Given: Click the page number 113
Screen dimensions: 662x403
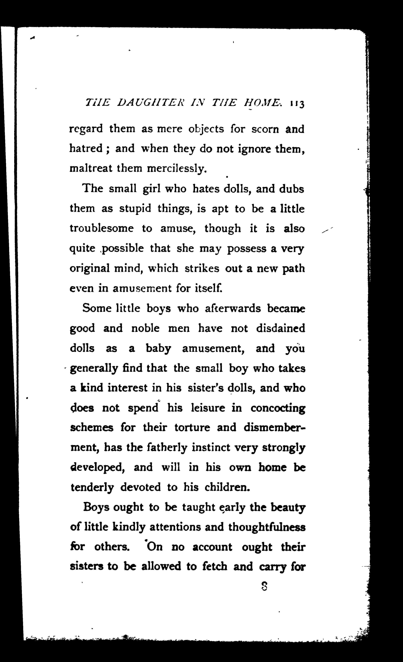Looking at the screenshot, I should pos(297,104).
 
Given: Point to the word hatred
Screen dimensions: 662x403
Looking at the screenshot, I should pos(86,148).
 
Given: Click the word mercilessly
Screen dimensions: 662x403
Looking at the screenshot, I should pos(177,169).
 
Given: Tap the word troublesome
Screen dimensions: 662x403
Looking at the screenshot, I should pos(102,228).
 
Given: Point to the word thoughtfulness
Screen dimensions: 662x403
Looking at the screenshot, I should pos(267,527).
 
